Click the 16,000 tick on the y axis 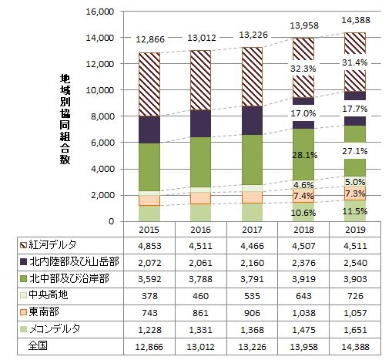click(x=99, y=12)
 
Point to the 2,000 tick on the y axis click(x=102, y=195)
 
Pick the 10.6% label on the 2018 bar click(x=303, y=212)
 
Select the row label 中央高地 click(x=48, y=294)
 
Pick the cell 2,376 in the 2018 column click(x=303, y=262)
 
